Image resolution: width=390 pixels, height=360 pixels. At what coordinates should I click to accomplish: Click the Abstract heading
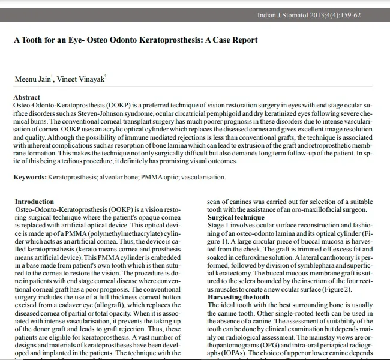tap(27, 97)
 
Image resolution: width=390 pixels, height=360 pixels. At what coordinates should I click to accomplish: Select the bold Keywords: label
tap(30, 177)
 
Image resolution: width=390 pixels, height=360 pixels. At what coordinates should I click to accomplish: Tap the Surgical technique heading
tap(236, 217)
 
